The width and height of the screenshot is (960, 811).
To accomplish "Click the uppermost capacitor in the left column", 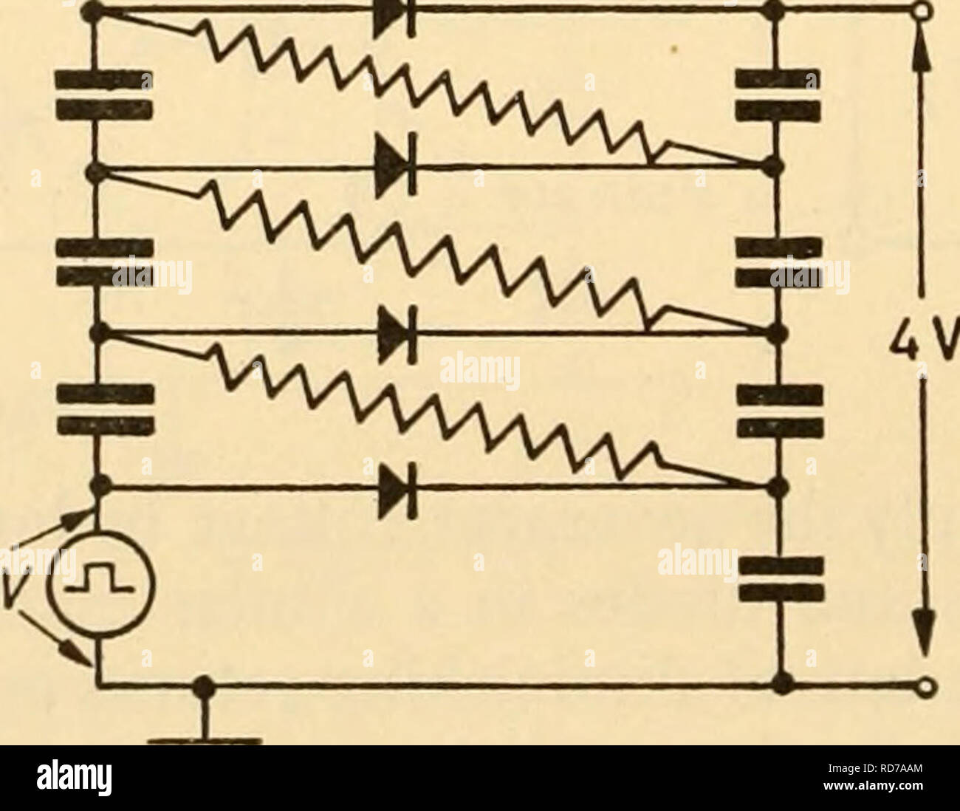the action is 103,94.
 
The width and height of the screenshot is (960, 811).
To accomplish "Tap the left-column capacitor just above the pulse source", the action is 106,409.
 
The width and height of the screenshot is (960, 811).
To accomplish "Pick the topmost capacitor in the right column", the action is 778,95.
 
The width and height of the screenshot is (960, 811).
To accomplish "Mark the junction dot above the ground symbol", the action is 204,688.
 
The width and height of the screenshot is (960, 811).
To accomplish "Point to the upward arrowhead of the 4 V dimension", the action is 923,53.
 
